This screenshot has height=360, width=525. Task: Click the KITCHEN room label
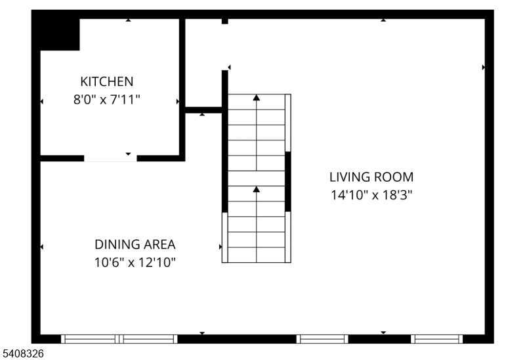(106, 82)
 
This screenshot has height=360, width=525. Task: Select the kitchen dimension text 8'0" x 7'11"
(106, 100)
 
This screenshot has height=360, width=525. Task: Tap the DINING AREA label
(135, 245)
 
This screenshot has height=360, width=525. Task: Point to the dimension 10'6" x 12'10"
(135, 262)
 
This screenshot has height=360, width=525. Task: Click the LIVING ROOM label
(371, 176)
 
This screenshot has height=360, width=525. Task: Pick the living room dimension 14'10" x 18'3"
(371, 195)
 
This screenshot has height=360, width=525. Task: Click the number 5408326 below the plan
(23, 353)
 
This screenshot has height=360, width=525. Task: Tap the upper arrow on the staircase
(257, 98)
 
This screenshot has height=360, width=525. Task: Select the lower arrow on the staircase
(257, 190)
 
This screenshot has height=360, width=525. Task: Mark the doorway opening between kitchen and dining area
(110, 158)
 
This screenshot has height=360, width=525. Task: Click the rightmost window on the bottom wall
(437, 339)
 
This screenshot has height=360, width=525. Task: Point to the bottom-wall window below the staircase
(322, 339)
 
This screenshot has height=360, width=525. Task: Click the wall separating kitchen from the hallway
(182, 89)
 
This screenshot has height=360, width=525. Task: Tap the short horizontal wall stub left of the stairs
(204, 110)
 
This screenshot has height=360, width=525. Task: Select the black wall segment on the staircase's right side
(287, 181)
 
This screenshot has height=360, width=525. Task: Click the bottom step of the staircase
(257, 255)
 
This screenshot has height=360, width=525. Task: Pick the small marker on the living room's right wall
(484, 68)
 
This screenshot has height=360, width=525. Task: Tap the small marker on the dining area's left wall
(42, 247)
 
